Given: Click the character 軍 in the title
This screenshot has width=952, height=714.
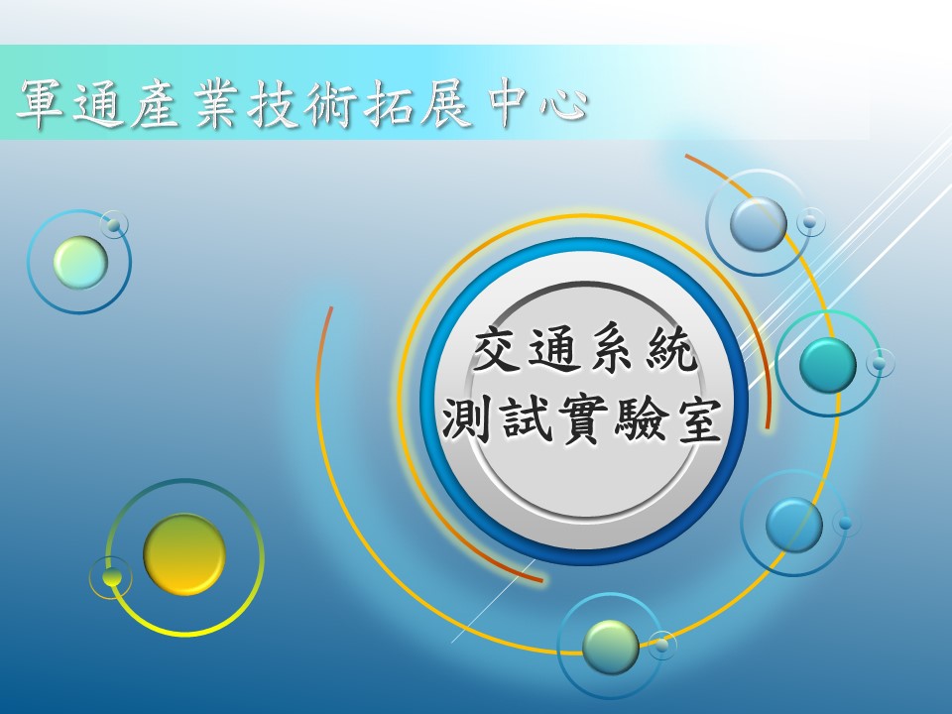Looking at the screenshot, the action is pos(42,104).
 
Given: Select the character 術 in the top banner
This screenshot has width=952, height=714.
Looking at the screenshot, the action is pos(328,104).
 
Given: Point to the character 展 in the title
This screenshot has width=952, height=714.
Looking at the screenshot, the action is pos(445,104).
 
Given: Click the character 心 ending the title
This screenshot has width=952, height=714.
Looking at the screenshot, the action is pos(564,105).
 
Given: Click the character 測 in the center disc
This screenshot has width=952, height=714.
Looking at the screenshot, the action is pos(466,420).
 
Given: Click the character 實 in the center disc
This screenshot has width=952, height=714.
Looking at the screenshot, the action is pos(581,420).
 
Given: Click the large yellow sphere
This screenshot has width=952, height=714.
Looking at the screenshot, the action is pos(184,554).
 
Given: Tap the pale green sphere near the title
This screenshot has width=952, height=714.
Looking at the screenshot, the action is pos(80,262).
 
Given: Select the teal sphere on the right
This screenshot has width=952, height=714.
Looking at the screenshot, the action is pos(827,366).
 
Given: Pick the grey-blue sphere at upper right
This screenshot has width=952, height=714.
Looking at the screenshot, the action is pos(759,223).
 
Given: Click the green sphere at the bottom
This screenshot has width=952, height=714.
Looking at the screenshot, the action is pos(611,647).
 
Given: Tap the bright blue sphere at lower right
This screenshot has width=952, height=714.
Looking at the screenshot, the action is pos(794,526).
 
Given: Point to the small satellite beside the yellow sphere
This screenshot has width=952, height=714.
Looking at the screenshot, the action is pos(112,577).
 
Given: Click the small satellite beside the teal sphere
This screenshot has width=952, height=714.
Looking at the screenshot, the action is pos(880,363).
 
